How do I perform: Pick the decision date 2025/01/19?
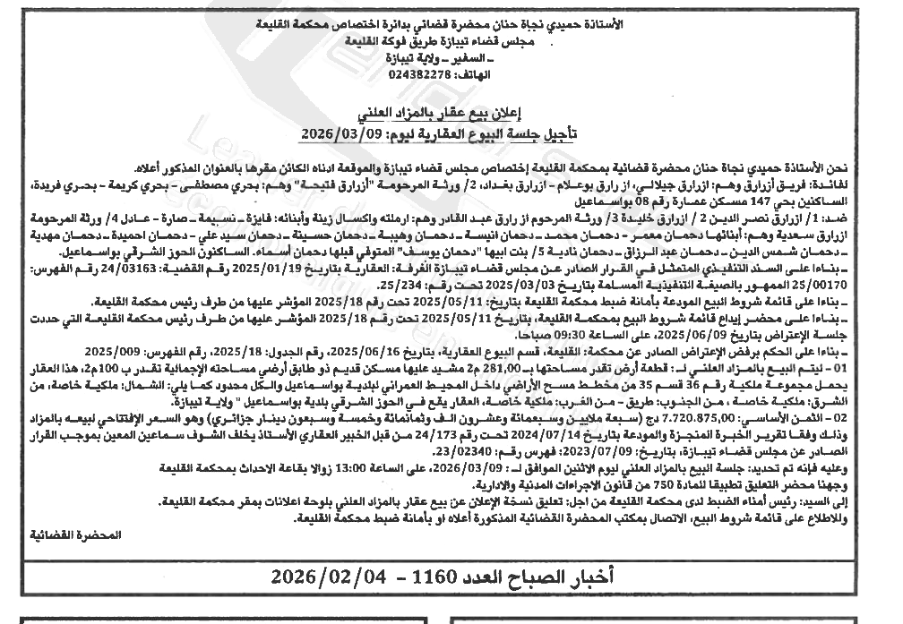484,268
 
